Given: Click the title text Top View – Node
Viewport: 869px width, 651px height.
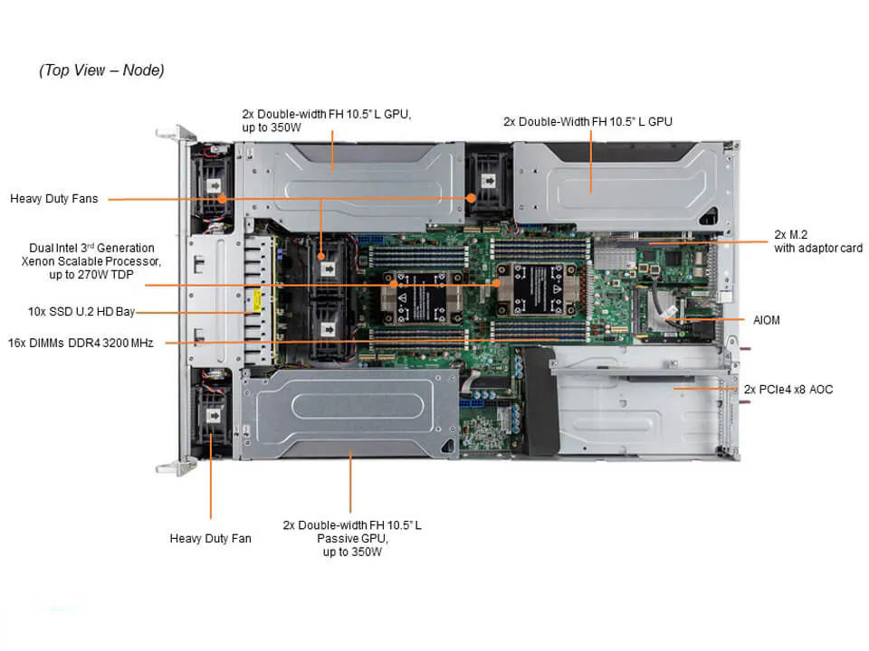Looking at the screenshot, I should tap(101, 71).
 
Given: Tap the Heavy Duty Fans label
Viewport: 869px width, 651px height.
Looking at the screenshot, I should tap(54, 198).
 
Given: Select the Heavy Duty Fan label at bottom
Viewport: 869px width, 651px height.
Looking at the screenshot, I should tap(210, 538).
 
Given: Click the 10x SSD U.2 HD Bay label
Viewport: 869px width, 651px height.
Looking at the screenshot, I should tap(81, 312).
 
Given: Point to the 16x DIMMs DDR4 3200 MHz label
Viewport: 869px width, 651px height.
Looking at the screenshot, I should tap(81, 343).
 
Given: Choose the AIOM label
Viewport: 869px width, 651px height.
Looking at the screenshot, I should tap(768, 320).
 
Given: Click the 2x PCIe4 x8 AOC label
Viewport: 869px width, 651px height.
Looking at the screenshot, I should tap(788, 390).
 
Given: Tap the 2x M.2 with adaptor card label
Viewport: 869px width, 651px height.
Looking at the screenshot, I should tap(817, 241).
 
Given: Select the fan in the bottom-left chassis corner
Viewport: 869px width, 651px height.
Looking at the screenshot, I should tap(214, 416).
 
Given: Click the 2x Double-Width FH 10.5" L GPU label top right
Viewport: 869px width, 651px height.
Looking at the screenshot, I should tap(587, 121).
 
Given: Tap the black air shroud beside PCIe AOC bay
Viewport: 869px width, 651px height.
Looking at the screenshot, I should tap(541, 402).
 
